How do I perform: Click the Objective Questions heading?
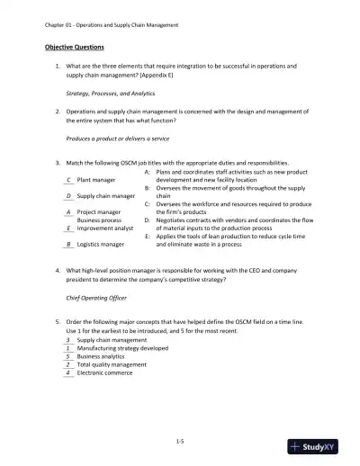click(75, 46)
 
